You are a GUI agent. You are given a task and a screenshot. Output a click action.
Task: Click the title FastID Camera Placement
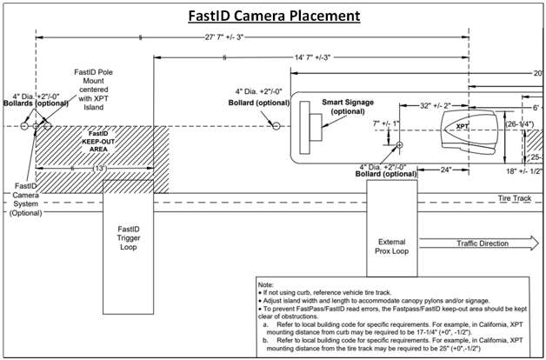click(273, 17)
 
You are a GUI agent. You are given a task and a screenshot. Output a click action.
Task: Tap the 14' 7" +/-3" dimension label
click(312, 58)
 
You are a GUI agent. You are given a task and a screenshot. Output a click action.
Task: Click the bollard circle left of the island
click(276, 126)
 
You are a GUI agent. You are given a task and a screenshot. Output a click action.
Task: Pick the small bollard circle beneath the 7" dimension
click(399, 145)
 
